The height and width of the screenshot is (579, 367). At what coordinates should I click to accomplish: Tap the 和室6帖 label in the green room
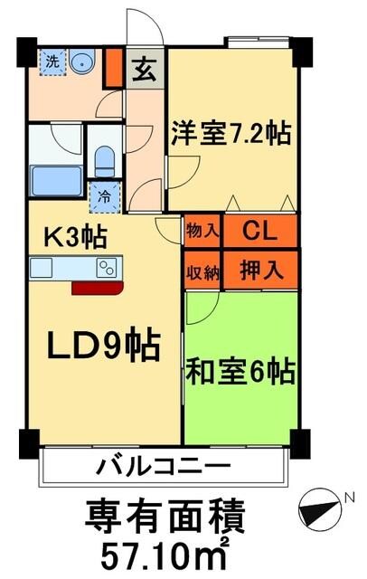[241, 373]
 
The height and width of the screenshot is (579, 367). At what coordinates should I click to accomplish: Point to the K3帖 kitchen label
[77, 239]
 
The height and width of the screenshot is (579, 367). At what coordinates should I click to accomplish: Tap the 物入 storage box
[202, 231]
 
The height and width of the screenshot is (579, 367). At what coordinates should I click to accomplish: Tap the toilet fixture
[105, 162]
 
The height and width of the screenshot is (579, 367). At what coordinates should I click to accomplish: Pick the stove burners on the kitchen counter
[107, 269]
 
